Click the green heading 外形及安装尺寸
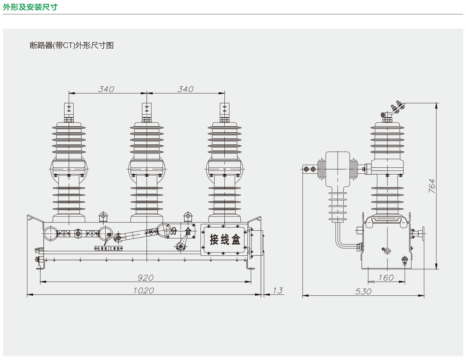pyautogui.click(x=30, y=7)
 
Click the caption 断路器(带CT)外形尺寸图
pyautogui.click(x=72, y=45)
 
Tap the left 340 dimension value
pyautogui.click(x=106, y=89)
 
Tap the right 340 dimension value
pyautogui.click(x=185, y=89)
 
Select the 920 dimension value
pyautogui.click(x=145, y=278)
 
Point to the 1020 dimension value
pyautogui.click(x=143, y=291)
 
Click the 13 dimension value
pyautogui.click(x=278, y=291)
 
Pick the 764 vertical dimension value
pyautogui.click(x=432, y=186)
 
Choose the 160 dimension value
pyautogui.click(x=386, y=278)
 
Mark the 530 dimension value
pyautogui.click(x=363, y=292)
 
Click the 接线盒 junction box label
pyautogui.click(x=224, y=240)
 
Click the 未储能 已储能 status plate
pyautogui.click(x=109, y=248)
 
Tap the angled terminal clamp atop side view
pyautogui.click(x=396, y=107)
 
